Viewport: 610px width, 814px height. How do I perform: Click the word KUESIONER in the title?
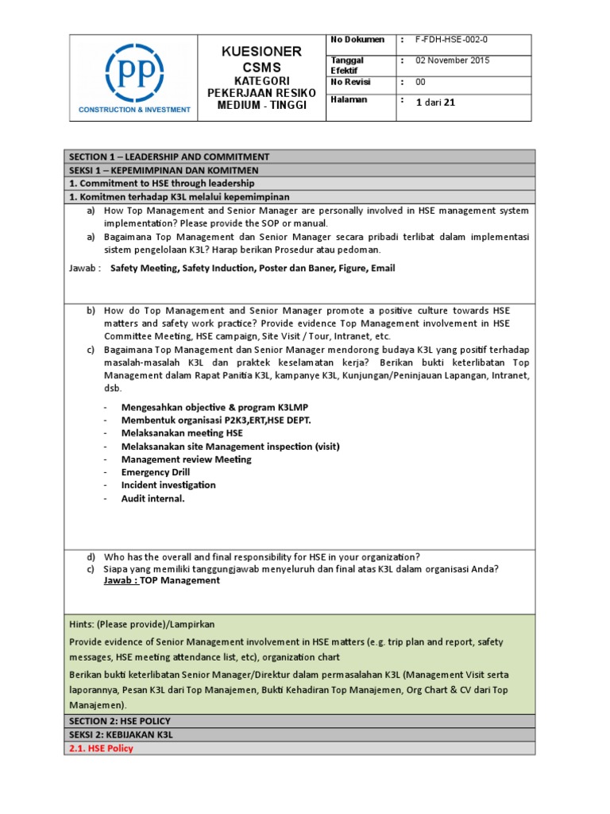262,52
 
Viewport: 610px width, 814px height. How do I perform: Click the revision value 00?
421,83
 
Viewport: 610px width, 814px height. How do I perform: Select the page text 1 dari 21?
435,102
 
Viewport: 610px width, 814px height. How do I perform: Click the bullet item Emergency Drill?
156,472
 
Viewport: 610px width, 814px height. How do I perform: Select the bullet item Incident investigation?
168,485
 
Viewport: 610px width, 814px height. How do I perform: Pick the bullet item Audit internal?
152,498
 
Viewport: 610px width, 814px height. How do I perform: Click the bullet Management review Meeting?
186,459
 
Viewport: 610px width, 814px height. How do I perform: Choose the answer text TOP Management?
180,580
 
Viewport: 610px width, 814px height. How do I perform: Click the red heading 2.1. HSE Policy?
102,748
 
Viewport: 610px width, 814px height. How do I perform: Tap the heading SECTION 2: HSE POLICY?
120,721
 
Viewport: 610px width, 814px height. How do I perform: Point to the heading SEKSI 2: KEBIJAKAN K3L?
122,735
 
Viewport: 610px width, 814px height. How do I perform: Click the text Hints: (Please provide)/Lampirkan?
142,625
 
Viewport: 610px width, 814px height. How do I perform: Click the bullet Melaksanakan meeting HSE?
182,433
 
